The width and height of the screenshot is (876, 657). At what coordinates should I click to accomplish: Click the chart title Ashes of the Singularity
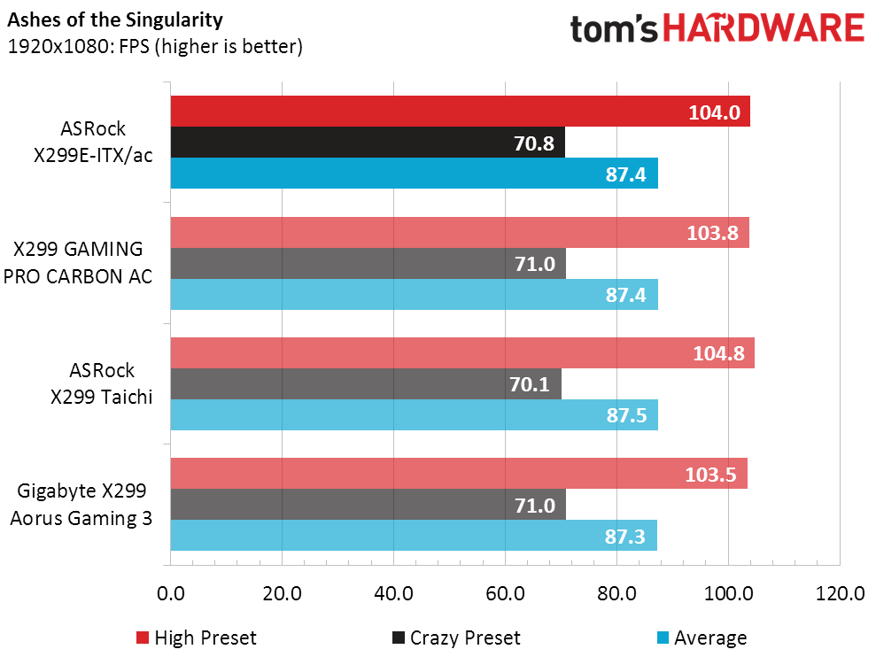[115, 20]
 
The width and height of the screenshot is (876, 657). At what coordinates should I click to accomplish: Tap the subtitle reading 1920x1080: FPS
[79, 46]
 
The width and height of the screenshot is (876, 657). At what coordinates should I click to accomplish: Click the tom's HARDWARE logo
[717, 28]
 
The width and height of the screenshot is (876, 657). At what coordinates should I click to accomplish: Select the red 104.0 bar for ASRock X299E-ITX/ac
[461, 112]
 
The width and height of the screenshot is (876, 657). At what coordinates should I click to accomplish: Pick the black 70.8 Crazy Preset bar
[368, 143]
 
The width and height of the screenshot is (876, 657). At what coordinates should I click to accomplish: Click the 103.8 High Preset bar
[460, 232]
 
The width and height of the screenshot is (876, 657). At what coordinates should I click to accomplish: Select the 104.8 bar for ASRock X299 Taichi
[462, 353]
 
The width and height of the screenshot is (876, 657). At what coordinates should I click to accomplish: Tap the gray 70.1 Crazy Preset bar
[366, 383]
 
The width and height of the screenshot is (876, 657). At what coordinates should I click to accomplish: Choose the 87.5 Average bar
[415, 414]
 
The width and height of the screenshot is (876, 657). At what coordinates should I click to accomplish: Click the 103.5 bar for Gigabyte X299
[459, 474]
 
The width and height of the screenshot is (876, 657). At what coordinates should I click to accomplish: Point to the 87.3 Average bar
[414, 535]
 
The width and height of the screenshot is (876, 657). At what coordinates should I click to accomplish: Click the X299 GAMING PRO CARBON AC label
[78, 263]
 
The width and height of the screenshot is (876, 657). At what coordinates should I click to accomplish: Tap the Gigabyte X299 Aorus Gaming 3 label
[81, 505]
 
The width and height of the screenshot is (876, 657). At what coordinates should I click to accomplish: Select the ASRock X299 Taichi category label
[102, 383]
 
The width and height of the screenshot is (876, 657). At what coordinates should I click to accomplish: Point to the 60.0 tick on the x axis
[505, 593]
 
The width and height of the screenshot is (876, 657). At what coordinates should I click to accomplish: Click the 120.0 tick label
[840, 593]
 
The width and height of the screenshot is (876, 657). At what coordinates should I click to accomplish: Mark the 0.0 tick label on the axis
[171, 593]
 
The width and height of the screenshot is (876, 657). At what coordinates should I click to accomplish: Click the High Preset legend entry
[196, 638]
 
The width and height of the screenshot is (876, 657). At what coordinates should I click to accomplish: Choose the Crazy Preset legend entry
[456, 638]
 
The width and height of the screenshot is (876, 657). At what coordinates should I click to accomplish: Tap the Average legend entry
[702, 638]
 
